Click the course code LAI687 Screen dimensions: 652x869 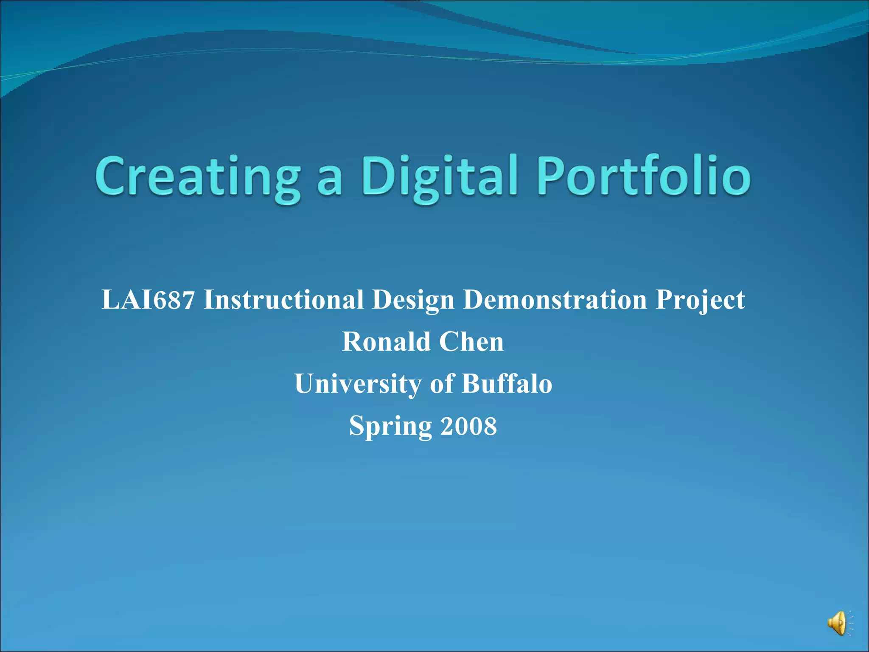pos(148,300)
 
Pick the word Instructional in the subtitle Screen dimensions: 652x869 pos(283,300)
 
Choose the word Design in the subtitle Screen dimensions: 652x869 pos(413,301)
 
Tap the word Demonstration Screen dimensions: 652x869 pos(555,300)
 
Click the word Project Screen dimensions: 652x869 pos(700,301)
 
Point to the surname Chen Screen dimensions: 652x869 pos(471,342)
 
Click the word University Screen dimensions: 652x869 pos(358,384)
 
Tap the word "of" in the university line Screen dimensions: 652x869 pos(441,384)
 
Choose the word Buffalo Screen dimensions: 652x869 pos(507,384)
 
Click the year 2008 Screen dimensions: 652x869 pos(468,426)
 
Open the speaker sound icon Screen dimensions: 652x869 pos(838,623)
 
